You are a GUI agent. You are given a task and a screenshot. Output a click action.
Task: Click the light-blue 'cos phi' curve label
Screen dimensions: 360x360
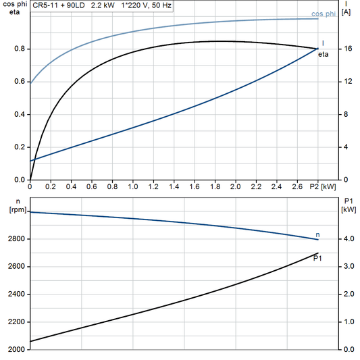pos(324,14)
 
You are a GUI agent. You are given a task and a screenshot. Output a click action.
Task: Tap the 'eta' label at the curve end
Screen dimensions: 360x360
pos(324,54)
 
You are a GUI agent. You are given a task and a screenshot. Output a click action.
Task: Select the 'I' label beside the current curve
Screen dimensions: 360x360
pos(323,43)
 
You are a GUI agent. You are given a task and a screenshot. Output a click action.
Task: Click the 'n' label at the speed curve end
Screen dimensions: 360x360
pos(318,234)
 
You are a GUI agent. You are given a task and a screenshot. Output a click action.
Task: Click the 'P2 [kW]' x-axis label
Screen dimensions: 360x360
pos(323,185)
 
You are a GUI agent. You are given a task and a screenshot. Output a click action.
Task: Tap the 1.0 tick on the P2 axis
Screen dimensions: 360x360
pos(133,185)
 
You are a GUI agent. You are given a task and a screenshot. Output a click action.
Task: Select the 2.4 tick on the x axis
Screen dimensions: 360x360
pos(277,185)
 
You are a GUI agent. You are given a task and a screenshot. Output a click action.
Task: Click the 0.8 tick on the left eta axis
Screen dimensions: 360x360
pos(20,49)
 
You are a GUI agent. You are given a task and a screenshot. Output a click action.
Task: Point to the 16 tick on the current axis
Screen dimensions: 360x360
pos(346,49)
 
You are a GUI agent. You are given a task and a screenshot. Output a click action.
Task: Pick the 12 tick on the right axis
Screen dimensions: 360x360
pos(346,82)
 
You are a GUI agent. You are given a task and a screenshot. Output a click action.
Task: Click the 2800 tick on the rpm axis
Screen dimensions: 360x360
pos(17,239)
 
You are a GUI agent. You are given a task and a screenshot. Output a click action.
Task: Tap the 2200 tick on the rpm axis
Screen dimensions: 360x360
pos(17,322)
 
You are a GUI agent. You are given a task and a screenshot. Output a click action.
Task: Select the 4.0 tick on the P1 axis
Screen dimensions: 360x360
pos(348,239)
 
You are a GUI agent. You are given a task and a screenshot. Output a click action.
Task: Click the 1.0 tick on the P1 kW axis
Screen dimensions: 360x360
pos(348,322)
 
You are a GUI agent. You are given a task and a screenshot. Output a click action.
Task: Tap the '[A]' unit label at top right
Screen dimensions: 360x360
pos(346,13)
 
